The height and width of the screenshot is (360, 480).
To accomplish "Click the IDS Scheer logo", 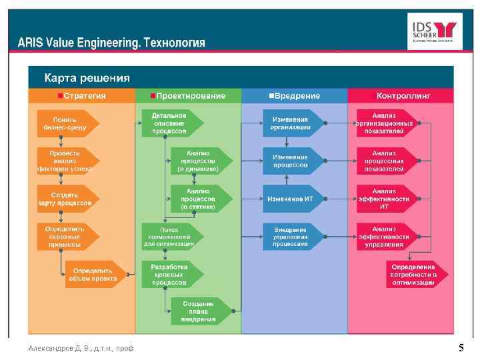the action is pyautogui.click(x=434, y=31).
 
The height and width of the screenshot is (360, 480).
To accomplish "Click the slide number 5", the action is pyautogui.click(x=461, y=348).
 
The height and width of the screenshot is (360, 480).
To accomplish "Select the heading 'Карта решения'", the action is pyautogui.click(x=87, y=77).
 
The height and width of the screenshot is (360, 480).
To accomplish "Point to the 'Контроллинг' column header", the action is pyautogui.click(x=401, y=96).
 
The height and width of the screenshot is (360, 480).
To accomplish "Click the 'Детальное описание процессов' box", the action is pyautogui.click(x=170, y=123).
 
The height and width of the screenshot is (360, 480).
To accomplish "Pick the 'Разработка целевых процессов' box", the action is pyautogui.click(x=169, y=274).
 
